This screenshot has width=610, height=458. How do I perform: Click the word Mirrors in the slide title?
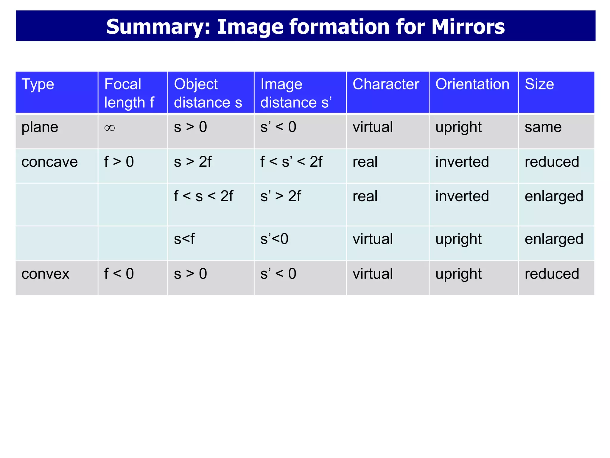pyautogui.click(x=468, y=27)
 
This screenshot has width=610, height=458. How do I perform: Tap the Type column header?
pyautogui.click(x=38, y=84)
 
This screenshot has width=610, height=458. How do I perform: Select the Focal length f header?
pyautogui.click(x=129, y=93)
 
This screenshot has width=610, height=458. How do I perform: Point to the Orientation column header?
pyautogui.click(x=472, y=84)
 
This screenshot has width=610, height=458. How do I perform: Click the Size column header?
pyautogui.click(x=539, y=84)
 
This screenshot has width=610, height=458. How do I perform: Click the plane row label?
pyautogui.click(x=40, y=127)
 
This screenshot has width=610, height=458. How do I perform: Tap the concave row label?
pyautogui.click(x=49, y=162)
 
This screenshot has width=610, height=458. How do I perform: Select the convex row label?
pyautogui.click(x=45, y=274)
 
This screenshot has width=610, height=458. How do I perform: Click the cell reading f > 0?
pyautogui.click(x=119, y=162)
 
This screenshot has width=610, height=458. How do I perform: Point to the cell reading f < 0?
pyautogui.click(x=119, y=274)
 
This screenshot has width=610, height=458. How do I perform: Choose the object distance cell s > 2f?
pyautogui.click(x=193, y=162)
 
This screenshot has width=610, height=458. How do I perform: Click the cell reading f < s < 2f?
pyautogui.click(x=203, y=196)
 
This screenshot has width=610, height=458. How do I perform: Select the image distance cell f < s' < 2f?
pyautogui.click(x=291, y=162)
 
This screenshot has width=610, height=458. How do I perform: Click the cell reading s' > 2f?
pyautogui.click(x=280, y=196)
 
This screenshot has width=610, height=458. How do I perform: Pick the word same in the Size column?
pyautogui.click(x=543, y=127)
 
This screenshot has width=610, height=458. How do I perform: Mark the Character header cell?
pyautogui.click(x=386, y=84)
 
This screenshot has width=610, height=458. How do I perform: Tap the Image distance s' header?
pyautogui.click(x=296, y=93)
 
